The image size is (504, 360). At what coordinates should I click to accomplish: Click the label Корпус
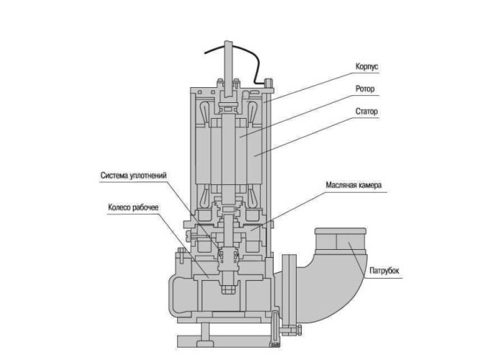[366, 66]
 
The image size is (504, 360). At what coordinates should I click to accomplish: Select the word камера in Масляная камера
[368, 185]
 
